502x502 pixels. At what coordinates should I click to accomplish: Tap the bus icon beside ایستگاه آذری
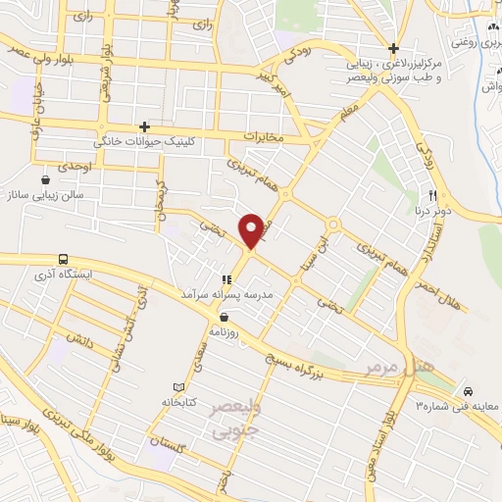[64, 260]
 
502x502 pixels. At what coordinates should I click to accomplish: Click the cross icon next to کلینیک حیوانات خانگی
[144, 127]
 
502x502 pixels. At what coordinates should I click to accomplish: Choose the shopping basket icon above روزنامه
[226, 317]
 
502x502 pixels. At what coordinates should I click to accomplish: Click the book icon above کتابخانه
[177, 387]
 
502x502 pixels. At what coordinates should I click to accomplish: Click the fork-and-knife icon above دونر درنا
[429, 193]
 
